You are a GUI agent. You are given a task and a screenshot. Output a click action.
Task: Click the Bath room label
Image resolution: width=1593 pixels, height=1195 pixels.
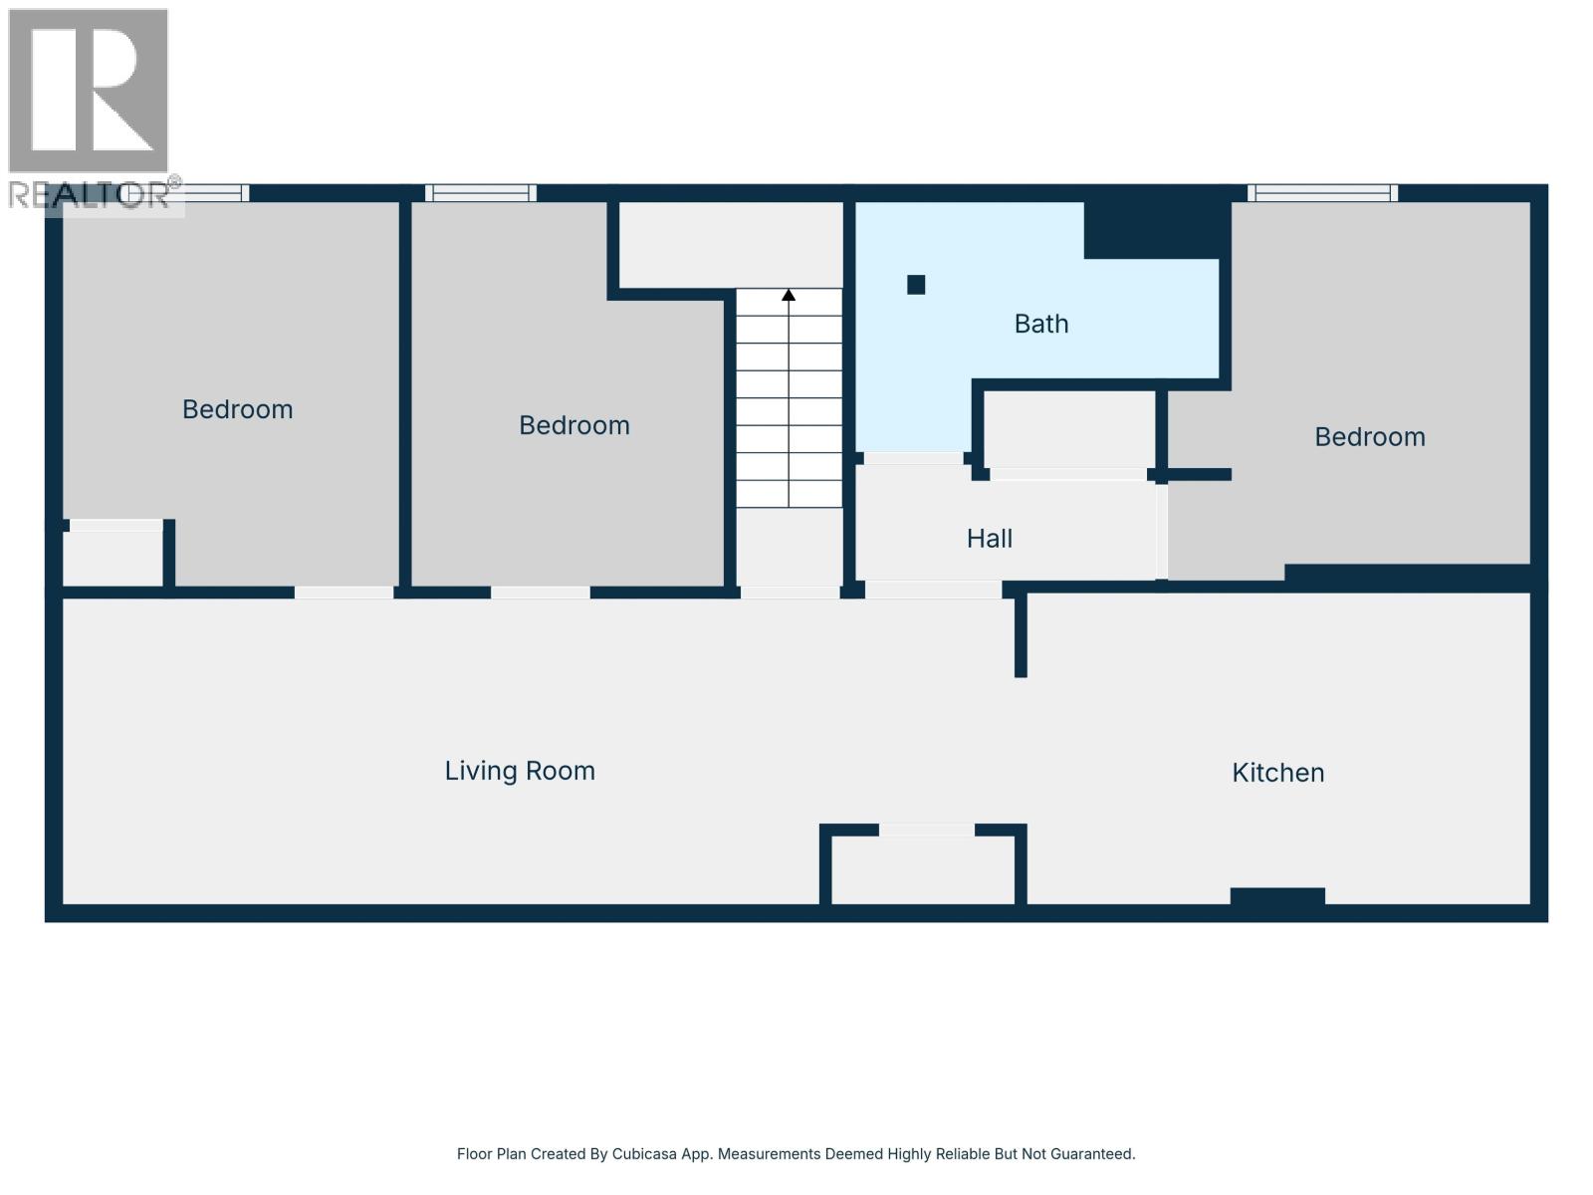(x=1041, y=324)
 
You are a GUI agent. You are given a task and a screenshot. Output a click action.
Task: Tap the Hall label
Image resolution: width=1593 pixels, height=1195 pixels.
(x=989, y=539)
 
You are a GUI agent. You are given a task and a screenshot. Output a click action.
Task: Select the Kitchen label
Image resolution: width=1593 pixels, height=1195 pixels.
(x=1277, y=773)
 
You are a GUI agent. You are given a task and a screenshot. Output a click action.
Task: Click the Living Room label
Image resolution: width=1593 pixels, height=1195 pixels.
(x=520, y=771)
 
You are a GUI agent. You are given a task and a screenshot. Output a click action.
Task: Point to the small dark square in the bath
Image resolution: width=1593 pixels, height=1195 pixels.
(x=916, y=285)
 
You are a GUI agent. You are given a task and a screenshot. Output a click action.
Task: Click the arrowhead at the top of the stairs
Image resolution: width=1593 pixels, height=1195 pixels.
(x=789, y=295)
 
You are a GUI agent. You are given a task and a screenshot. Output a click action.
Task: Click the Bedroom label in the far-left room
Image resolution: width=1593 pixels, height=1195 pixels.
(x=237, y=409)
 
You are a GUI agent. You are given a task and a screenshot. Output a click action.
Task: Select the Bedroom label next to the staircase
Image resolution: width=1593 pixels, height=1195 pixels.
(x=573, y=425)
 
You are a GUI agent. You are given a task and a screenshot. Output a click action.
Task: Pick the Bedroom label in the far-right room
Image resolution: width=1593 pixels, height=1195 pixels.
(x=1369, y=437)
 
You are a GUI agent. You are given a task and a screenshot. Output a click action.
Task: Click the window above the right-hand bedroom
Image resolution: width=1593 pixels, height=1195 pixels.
(x=1322, y=193)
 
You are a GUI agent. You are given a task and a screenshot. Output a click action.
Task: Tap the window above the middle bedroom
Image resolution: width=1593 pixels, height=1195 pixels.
(x=481, y=193)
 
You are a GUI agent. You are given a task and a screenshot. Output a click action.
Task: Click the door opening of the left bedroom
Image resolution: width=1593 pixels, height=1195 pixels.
(x=344, y=593)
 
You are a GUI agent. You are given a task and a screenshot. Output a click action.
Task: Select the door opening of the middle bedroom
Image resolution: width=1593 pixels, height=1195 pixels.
(x=541, y=593)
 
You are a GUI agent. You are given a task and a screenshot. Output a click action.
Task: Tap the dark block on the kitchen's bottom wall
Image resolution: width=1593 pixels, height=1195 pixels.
(x=1277, y=896)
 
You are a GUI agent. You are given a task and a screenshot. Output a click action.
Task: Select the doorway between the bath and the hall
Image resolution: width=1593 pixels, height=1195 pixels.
(x=912, y=458)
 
